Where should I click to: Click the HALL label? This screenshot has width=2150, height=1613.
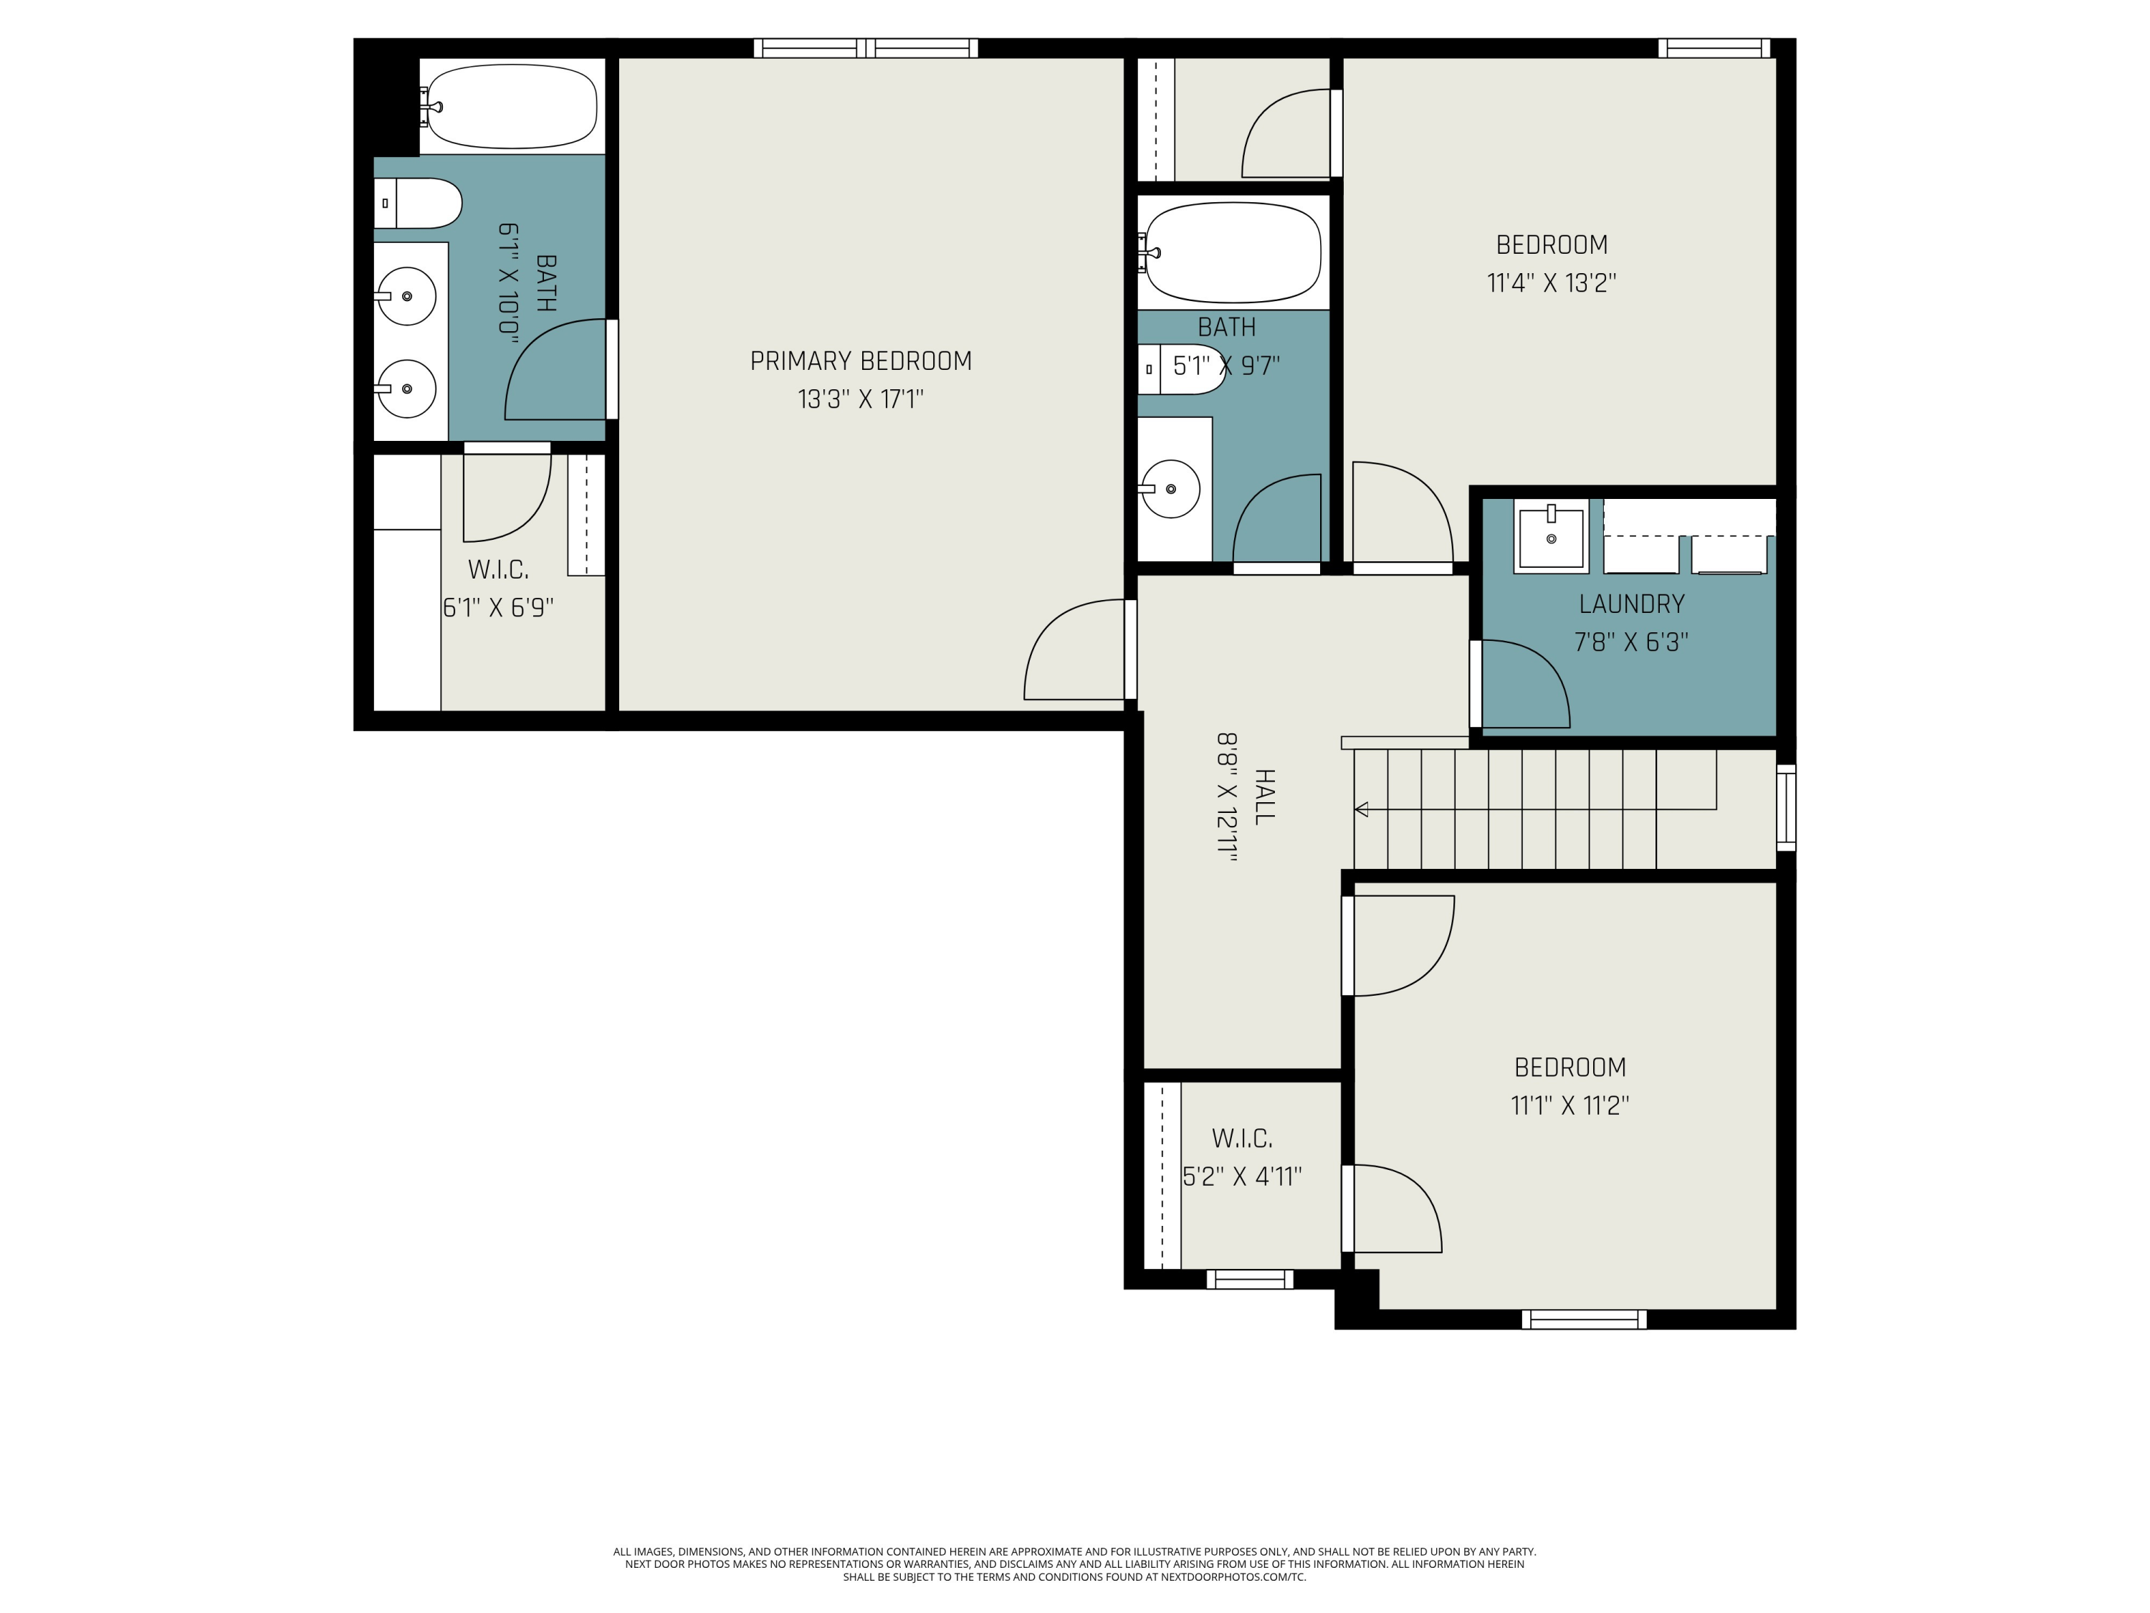pos(1264,796)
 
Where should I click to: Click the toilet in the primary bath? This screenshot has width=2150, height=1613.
pos(418,203)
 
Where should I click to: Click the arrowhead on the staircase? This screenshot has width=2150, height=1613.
pos(1362,809)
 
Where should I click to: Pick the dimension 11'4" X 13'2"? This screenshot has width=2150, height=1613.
pos(1552,283)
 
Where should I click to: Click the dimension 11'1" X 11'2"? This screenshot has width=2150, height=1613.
pos(1569,1105)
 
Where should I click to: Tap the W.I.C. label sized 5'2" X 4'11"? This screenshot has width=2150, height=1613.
pos(1241,1138)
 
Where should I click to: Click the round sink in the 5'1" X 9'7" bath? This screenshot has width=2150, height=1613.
pos(1170,489)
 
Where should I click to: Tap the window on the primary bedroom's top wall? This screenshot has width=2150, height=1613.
pos(866,47)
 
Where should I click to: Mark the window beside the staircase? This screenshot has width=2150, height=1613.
pos(1787,808)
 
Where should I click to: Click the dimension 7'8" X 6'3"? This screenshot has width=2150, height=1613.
pos(1631,642)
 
